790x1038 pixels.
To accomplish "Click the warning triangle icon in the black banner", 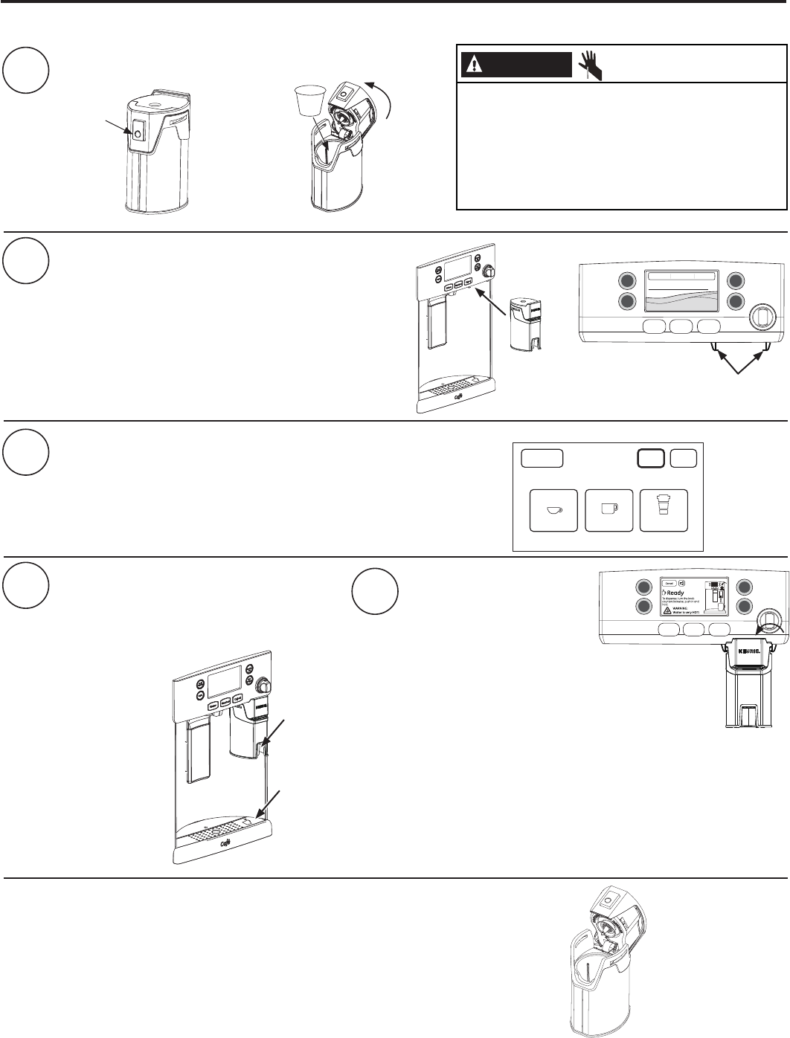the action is pyautogui.click(x=472, y=65).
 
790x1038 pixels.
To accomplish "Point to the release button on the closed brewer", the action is pyautogui.click(x=138, y=134).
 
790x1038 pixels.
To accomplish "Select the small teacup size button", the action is pyautogui.click(x=553, y=510).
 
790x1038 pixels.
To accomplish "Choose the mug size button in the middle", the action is pyautogui.click(x=609, y=510).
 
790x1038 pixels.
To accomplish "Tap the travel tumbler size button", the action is pyautogui.click(x=664, y=510).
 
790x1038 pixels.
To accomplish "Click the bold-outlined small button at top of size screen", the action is pyautogui.click(x=651, y=459).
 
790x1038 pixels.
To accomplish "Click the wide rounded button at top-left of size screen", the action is pyautogui.click(x=542, y=459).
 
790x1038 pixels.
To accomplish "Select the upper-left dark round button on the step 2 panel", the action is pyautogui.click(x=627, y=281).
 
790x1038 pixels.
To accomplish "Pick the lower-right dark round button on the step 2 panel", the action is pyautogui.click(x=736, y=302).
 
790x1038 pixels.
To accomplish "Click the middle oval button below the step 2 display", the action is pyautogui.click(x=682, y=326).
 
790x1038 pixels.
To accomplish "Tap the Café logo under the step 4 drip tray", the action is pyautogui.click(x=224, y=845).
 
